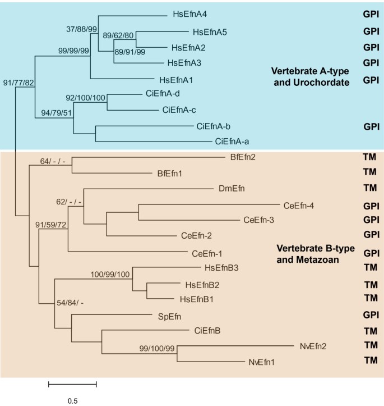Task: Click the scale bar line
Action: [72, 385]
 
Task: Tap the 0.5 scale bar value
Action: [72, 401]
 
